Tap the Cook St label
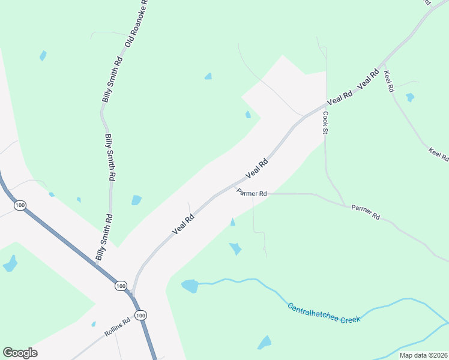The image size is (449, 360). (x=326, y=123)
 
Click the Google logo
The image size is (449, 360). (x=20, y=353)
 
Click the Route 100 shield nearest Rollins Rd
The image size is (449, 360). (x=140, y=315)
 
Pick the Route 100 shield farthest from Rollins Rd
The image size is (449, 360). (x=20, y=205)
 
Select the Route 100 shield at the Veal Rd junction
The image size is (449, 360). (x=121, y=286)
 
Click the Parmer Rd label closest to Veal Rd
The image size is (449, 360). (x=252, y=193)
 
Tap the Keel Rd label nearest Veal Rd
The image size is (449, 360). (x=389, y=81)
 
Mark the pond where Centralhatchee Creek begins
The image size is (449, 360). (x=190, y=286)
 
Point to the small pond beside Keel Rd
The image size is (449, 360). (x=410, y=97)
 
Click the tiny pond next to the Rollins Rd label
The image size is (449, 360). (x=94, y=324)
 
